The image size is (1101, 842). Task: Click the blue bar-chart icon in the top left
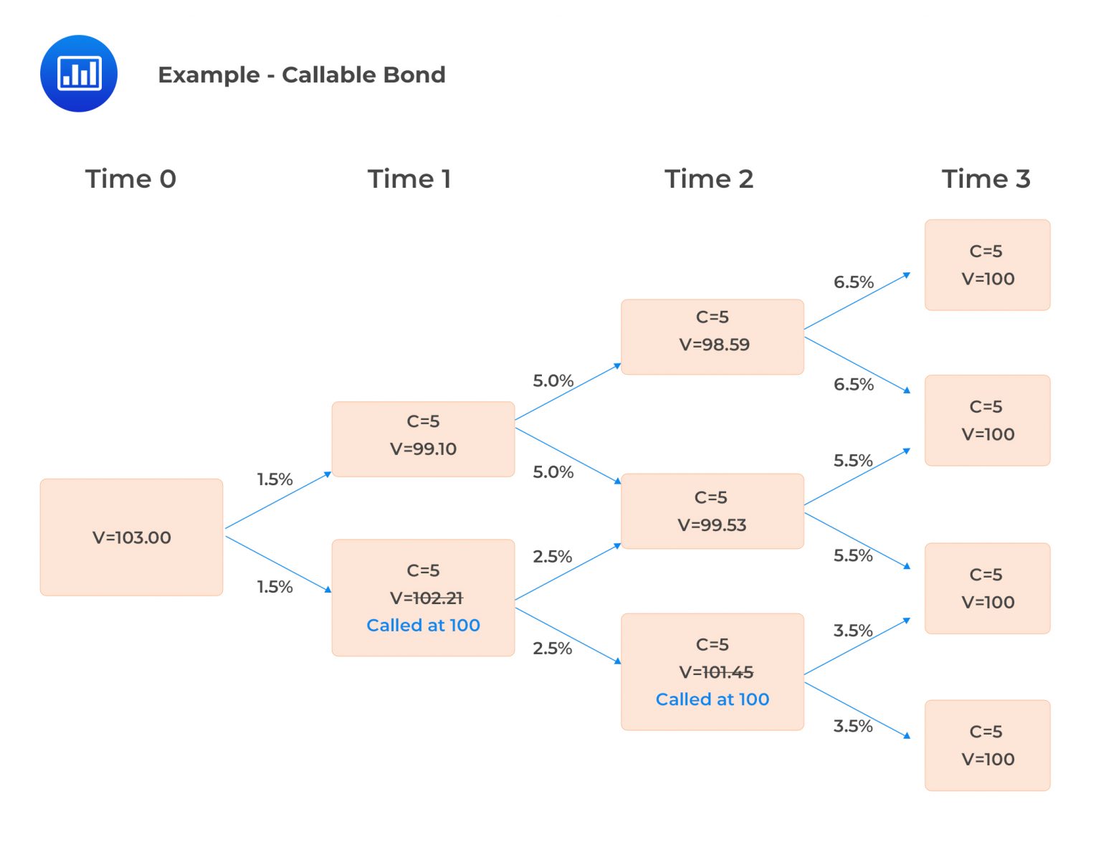click(x=79, y=74)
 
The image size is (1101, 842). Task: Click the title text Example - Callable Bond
click(x=301, y=75)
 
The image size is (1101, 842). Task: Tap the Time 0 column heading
click(x=130, y=178)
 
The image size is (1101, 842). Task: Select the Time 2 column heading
click(x=708, y=178)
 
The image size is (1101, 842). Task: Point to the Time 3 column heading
click(x=986, y=178)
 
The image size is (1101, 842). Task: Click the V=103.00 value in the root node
click(x=132, y=537)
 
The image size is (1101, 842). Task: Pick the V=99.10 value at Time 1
click(x=423, y=449)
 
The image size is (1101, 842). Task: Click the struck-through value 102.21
click(x=438, y=598)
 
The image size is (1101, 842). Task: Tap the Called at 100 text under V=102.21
click(x=423, y=625)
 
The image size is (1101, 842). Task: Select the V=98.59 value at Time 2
click(x=714, y=345)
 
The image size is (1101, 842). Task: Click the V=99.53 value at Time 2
click(x=712, y=525)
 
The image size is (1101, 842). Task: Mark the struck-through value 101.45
click(x=728, y=672)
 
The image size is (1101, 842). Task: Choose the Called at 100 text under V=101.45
click(x=712, y=699)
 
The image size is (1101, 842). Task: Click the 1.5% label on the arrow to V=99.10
click(x=275, y=479)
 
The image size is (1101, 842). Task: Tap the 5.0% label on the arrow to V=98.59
click(x=553, y=381)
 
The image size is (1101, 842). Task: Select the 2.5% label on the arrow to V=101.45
click(x=552, y=649)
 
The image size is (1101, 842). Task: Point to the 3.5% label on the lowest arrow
click(x=852, y=726)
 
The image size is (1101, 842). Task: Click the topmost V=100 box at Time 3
click(x=987, y=265)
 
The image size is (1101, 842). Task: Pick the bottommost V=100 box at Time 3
click(x=987, y=745)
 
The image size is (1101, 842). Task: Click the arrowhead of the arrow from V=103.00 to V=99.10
click(x=328, y=474)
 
